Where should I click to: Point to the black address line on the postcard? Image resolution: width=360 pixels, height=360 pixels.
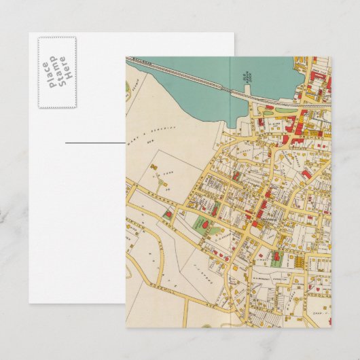[95, 143]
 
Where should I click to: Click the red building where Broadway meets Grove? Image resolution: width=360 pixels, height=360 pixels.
[168, 215]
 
